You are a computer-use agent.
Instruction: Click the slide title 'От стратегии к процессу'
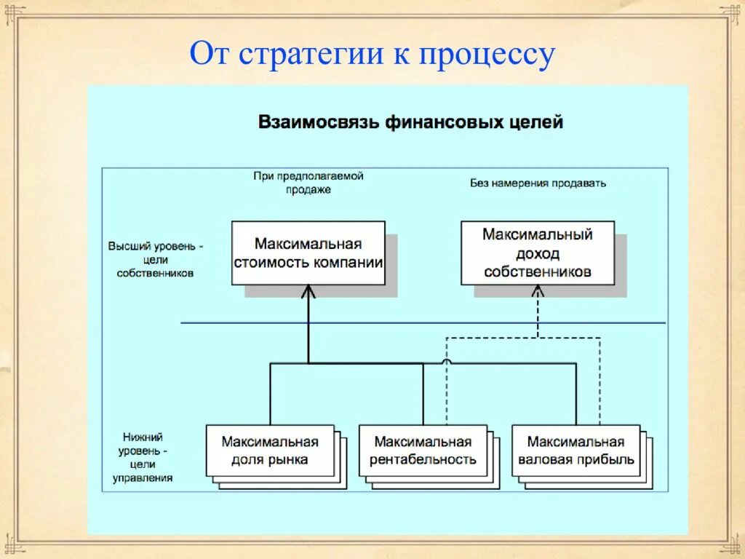pyautogui.click(x=372, y=55)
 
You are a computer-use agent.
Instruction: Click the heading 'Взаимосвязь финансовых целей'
pyautogui.click(x=410, y=122)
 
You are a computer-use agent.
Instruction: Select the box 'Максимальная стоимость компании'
pyautogui.click(x=308, y=253)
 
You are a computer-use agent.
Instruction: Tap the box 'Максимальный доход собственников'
pyautogui.click(x=538, y=253)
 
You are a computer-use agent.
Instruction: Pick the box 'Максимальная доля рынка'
pyautogui.click(x=270, y=451)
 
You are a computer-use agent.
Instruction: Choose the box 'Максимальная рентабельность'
pyautogui.click(x=423, y=451)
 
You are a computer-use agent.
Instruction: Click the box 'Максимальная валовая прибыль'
pyautogui.click(x=575, y=451)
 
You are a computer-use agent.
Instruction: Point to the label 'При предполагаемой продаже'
pyautogui.click(x=308, y=183)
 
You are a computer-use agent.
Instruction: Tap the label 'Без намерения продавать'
pyautogui.click(x=538, y=183)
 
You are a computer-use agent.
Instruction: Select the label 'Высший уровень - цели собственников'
pyautogui.click(x=156, y=259)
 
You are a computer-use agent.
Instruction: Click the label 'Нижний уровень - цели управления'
pyautogui.click(x=143, y=457)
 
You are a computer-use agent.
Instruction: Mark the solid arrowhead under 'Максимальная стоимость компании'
pyautogui.click(x=308, y=291)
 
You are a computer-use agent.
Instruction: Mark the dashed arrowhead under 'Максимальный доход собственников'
pyautogui.click(x=538, y=291)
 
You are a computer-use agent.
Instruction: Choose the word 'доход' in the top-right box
pyautogui.click(x=538, y=254)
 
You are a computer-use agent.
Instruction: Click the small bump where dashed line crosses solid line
pyautogui.click(x=446, y=361)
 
